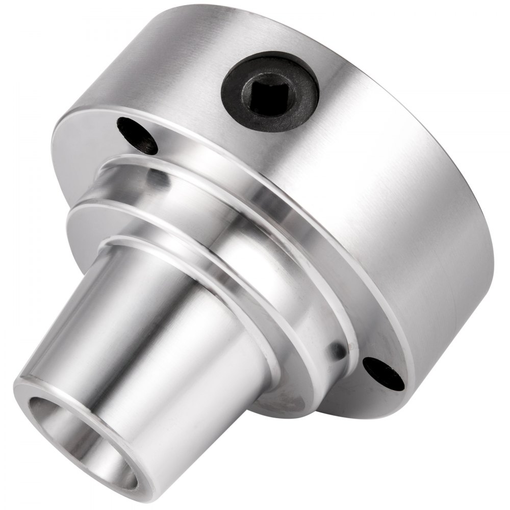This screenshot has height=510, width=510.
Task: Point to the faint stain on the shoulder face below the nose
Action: (x=286, y=398)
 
